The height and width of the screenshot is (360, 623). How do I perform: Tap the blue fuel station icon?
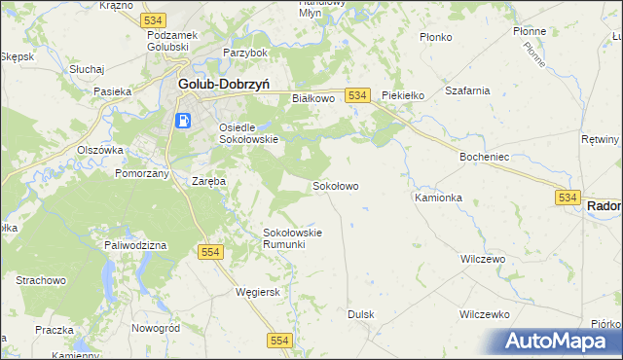pos(182,121)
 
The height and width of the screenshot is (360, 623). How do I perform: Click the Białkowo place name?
pos(313,98)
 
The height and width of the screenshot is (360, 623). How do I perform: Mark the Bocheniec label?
pos(486,156)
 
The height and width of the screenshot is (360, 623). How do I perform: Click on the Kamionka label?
pos(438,197)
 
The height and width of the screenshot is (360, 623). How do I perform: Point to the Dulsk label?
pos(361,314)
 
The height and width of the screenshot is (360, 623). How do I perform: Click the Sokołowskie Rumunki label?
pos(292,238)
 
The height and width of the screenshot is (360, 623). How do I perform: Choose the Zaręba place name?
pos(209,181)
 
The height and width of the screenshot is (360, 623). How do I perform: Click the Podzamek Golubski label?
pos(173,41)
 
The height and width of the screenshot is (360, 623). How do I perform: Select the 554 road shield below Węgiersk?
pos(280,339)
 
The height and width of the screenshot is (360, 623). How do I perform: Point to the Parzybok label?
pos(244,52)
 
